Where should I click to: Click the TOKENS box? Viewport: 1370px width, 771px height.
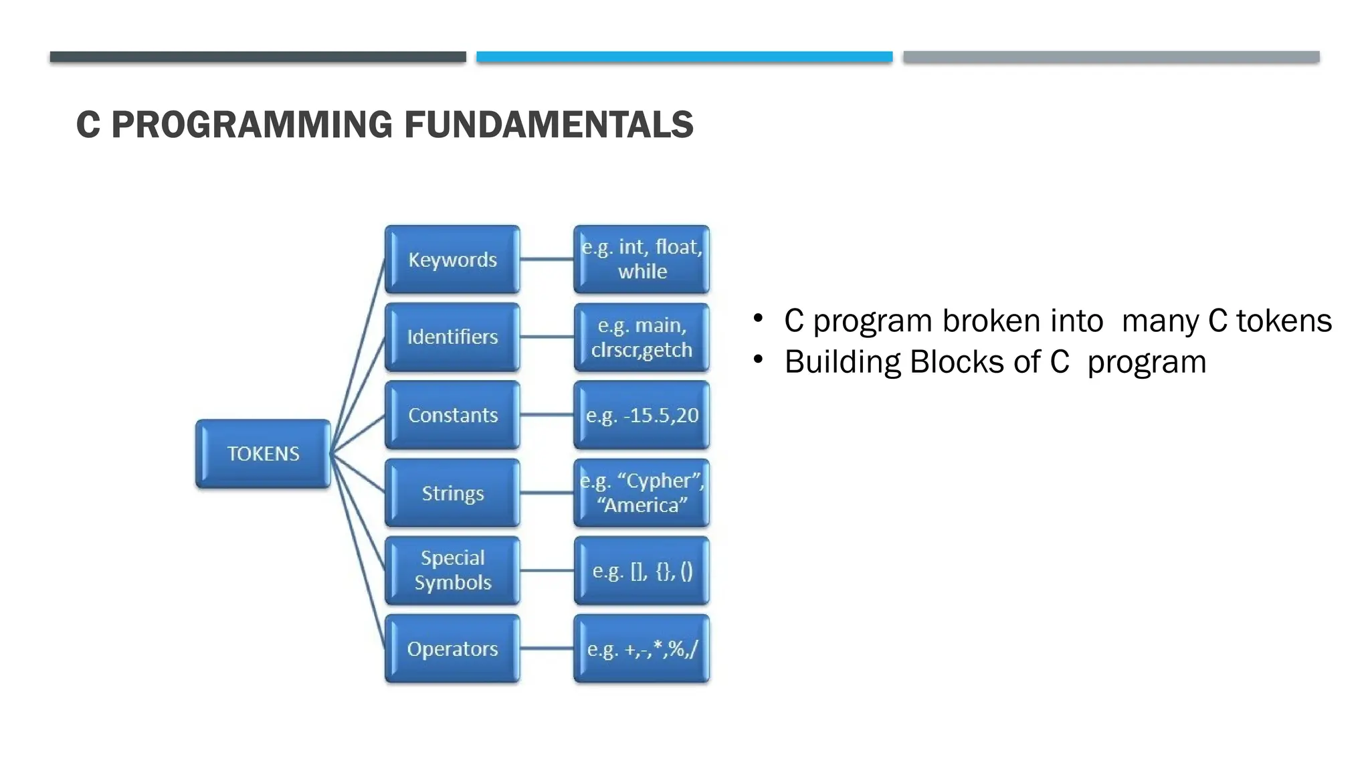[263, 454]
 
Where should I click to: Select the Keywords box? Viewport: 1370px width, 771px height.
[452, 260]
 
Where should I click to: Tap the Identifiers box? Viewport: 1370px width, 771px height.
[452, 337]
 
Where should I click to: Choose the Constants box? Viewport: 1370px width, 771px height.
[452, 415]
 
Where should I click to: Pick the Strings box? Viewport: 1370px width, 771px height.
[452, 493]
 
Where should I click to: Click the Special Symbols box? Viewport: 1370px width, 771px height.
[452, 570]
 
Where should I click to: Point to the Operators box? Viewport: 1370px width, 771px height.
[452, 649]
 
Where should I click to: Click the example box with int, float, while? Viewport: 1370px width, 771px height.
[642, 260]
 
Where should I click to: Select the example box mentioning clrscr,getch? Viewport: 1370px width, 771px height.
[642, 337]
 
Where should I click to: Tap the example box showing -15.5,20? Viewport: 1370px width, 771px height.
[642, 415]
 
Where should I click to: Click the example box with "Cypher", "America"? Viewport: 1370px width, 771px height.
[642, 493]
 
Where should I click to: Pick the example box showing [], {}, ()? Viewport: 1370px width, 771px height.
[642, 571]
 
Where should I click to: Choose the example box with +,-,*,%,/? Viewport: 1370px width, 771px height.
[642, 649]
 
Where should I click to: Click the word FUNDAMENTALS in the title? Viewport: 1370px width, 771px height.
[549, 125]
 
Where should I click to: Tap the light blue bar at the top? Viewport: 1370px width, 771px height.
[684, 57]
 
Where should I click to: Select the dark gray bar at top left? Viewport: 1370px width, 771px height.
[258, 57]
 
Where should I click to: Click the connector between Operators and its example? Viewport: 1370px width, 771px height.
[547, 649]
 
